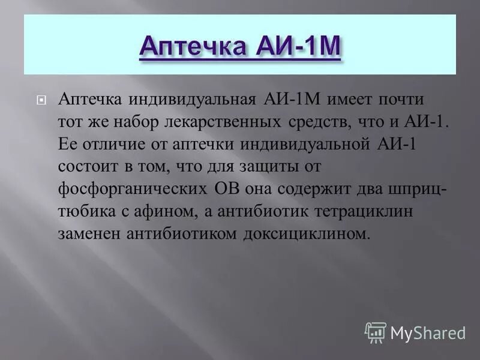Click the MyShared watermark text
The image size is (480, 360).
pyautogui.click(x=428, y=332)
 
